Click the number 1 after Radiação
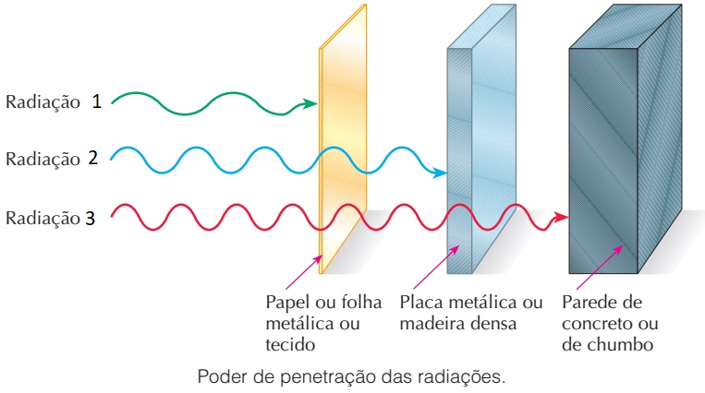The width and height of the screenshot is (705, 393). click(97, 101)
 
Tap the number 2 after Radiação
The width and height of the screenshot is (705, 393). click(93, 158)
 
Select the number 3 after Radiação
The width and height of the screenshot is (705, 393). click(91, 218)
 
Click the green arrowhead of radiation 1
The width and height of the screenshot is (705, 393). click(310, 103)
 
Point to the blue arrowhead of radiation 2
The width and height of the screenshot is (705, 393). click(440, 173)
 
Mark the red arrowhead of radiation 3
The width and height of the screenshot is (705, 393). click(561, 218)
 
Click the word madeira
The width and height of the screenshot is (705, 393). click(428, 324)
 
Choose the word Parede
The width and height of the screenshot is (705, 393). click(588, 303)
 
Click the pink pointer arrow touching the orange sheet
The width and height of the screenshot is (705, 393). click(304, 272)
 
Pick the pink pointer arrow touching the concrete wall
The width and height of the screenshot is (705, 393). click(600, 268)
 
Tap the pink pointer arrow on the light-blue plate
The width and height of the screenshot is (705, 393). click(436, 268)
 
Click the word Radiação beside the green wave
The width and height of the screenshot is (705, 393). click(43, 102)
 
